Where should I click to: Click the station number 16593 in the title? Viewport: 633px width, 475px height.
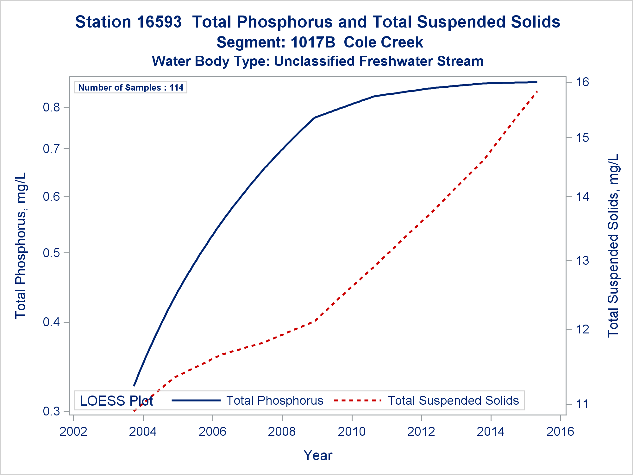pyautogui.click(x=160, y=22)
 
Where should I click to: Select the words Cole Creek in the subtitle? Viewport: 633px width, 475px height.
pyautogui.click(x=383, y=42)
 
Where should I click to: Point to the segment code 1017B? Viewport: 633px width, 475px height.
pyautogui.click(x=312, y=42)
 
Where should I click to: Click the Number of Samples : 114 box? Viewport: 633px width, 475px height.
pyautogui.click(x=131, y=87)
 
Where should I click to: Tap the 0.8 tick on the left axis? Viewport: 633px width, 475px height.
pyautogui.click(x=51, y=108)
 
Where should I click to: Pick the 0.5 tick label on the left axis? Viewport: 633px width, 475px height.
pyautogui.click(x=51, y=253)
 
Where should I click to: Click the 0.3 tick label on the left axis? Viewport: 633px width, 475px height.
pyautogui.click(x=51, y=411)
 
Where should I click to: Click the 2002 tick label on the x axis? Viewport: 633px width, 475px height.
pyautogui.click(x=73, y=432)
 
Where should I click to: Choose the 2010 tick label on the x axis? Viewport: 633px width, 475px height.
pyautogui.click(x=352, y=432)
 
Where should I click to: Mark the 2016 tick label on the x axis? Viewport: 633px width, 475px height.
pyautogui.click(x=560, y=432)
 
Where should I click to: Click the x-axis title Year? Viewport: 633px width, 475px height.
pyautogui.click(x=318, y=455)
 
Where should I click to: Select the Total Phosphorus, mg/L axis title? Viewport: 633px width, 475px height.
pyautogui.click(x=21, y=245)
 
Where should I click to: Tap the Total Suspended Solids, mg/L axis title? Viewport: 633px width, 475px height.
pyautogui.click(x=613, y=245)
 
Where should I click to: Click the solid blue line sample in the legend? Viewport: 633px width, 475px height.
pyautogui.click(x=196, y=401)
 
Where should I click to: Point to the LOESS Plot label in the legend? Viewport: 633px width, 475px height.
pyautogui.click(x=116, y=401)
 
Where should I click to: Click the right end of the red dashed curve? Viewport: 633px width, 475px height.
pyautogui.click(x=537, y=91)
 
